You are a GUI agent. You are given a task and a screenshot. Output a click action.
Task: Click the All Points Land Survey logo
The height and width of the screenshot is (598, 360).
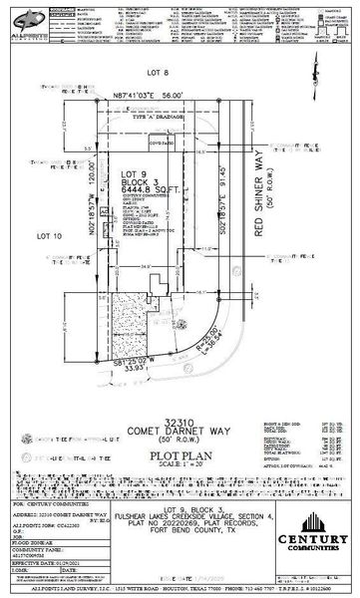(31, 20)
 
